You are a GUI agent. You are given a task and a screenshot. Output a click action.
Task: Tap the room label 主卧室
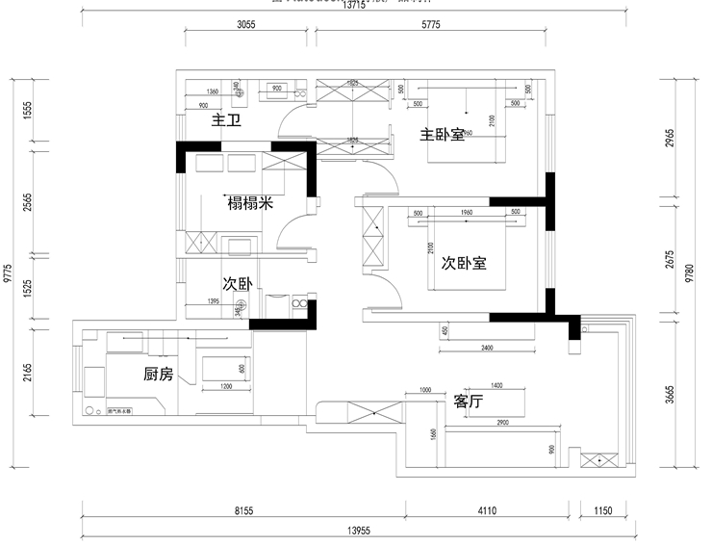click(x=442, y=135)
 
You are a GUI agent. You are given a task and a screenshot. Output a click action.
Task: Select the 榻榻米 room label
click(x=250, y=203)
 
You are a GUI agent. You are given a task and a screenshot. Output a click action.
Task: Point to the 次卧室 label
click(x=464, y=262)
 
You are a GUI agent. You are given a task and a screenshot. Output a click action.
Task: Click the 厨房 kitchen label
click(x=159, y=375)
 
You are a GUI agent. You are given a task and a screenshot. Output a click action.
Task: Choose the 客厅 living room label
click(x=469, y=401)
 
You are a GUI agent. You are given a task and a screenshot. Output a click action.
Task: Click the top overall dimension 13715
click(x=355, y=6)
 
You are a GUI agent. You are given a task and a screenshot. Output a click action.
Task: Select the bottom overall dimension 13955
click(x=355, y=531)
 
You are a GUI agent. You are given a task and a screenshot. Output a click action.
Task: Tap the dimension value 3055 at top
click(x=245, y=26)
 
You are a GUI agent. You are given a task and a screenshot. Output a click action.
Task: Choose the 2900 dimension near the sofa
click(x=497, y=424)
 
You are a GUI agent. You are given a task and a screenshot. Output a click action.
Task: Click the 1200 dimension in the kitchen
click(x=226, y=387)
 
